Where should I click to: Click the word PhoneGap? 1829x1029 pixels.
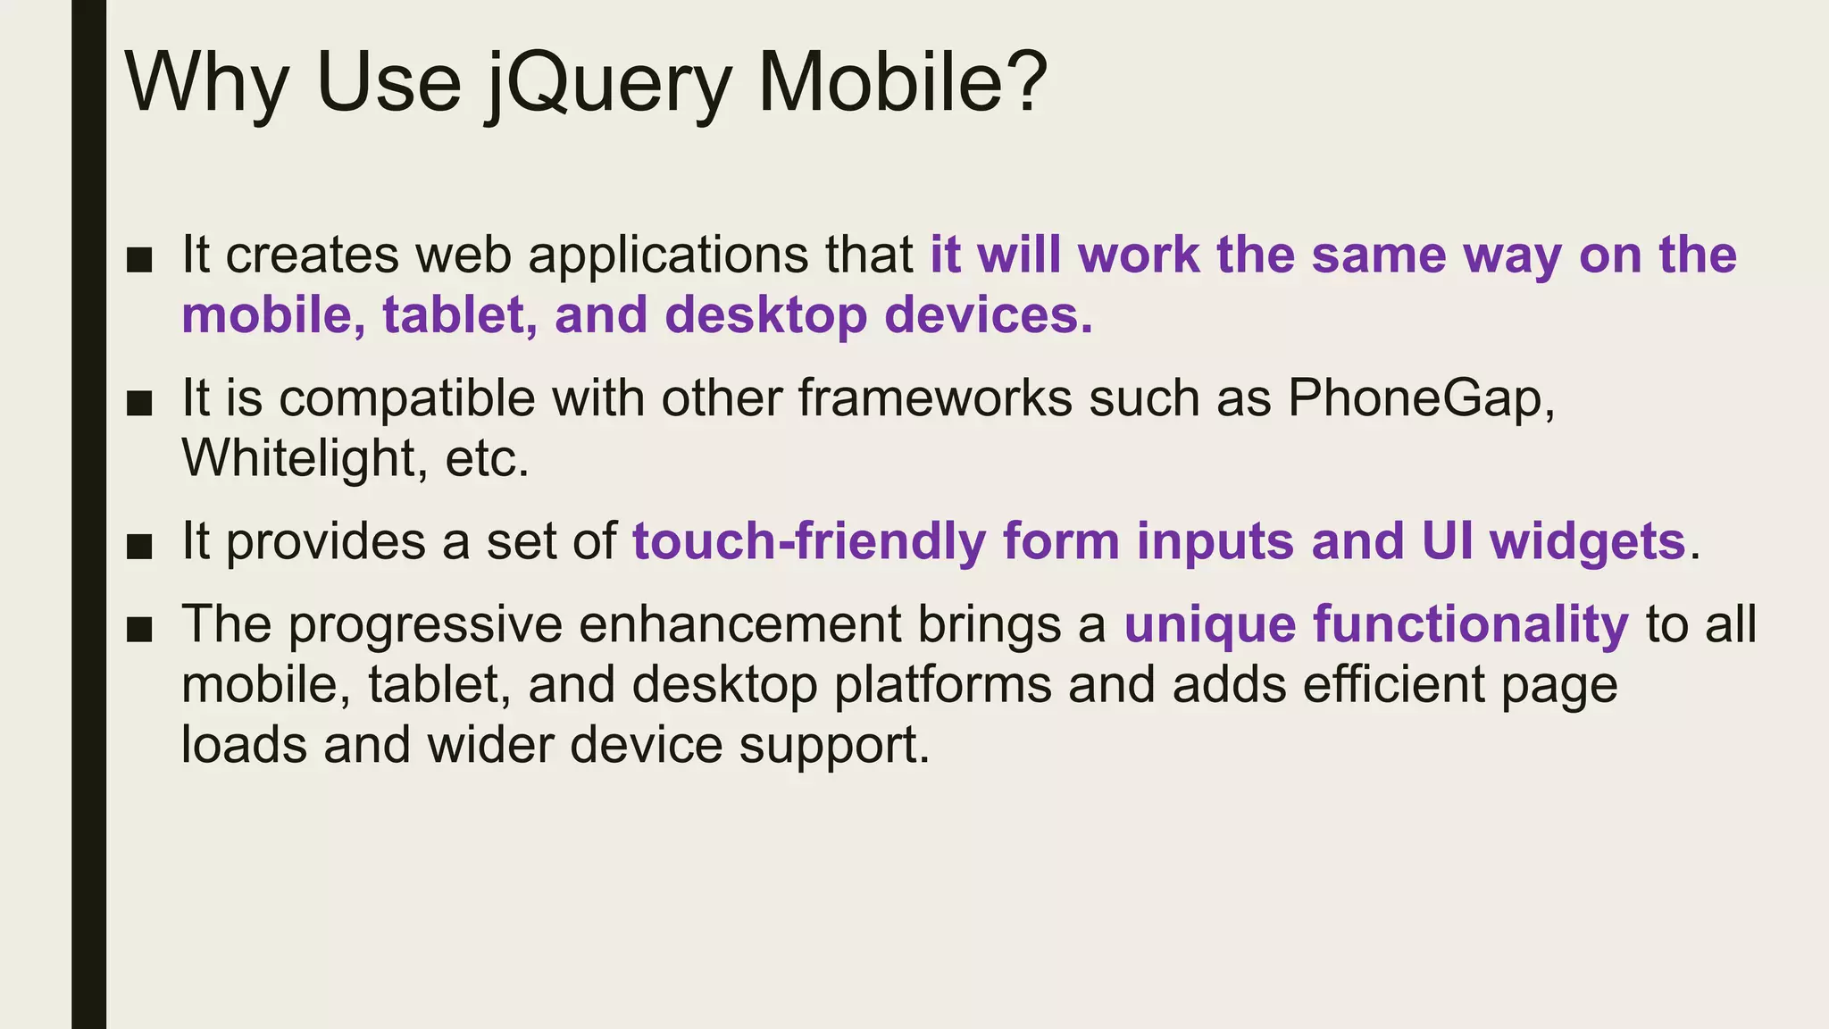[1420, 397]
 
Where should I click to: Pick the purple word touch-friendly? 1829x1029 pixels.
[809, 541]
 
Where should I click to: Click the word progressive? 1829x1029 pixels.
[425, 624]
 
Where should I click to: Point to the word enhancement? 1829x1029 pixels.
[740, 624]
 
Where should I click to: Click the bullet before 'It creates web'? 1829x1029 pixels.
[140, 260]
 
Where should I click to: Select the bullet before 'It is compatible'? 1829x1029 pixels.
[140, 403]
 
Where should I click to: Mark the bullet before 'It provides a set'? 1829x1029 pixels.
[140, 547]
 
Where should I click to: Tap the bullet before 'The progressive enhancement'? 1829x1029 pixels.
[140, 630]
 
